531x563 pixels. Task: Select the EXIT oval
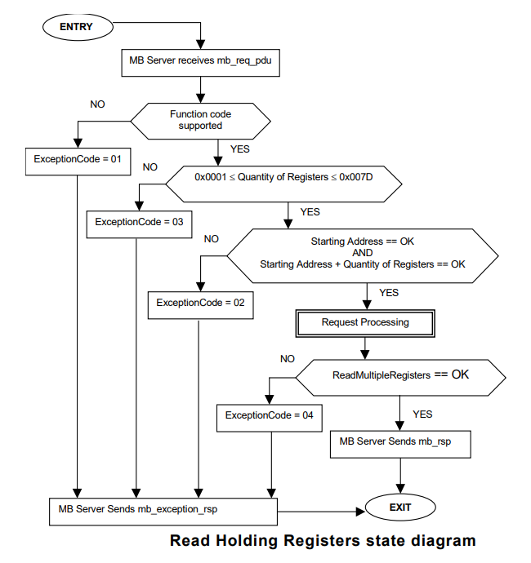(400, 508)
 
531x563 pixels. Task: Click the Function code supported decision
(200, 120)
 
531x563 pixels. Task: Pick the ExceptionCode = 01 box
(77, 159)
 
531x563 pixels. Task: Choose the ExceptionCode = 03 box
(138, 222)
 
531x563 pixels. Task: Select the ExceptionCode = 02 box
(199, 303)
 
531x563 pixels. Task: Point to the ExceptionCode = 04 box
(269, 415)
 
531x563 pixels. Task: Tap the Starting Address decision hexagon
(362, 254)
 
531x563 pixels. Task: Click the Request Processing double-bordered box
(364, 322)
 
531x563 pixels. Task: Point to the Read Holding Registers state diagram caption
(322, 540)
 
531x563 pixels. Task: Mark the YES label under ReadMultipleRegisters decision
(422, 414)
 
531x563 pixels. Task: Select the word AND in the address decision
(362, 253)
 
